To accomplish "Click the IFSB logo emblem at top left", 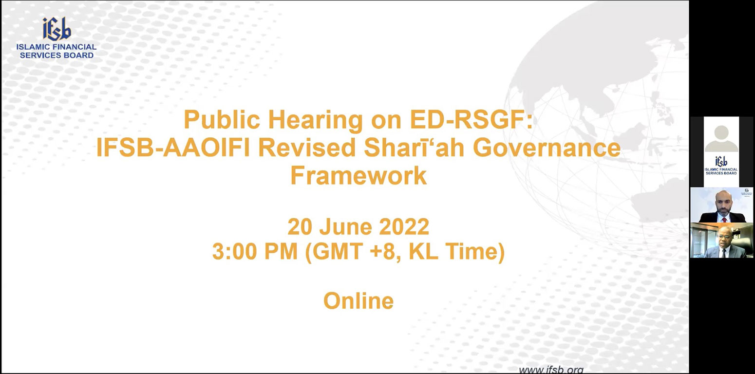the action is click(x=57, y=29).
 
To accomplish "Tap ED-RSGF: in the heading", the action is click(x=471, y=120).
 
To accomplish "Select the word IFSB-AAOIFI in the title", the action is click(x=173, y=148).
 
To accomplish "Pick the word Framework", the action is click(x=359, y=175).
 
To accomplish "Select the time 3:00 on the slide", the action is click(x=234, y=251).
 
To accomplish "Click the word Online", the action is click(x=359, y=300).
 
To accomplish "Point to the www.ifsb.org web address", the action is click(x=551, y=369).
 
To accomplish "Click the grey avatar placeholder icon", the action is click(x=721, y=138).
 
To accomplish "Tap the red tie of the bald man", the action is click(x=721, y=219).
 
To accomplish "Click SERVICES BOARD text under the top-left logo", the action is click(x=57, y=55).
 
